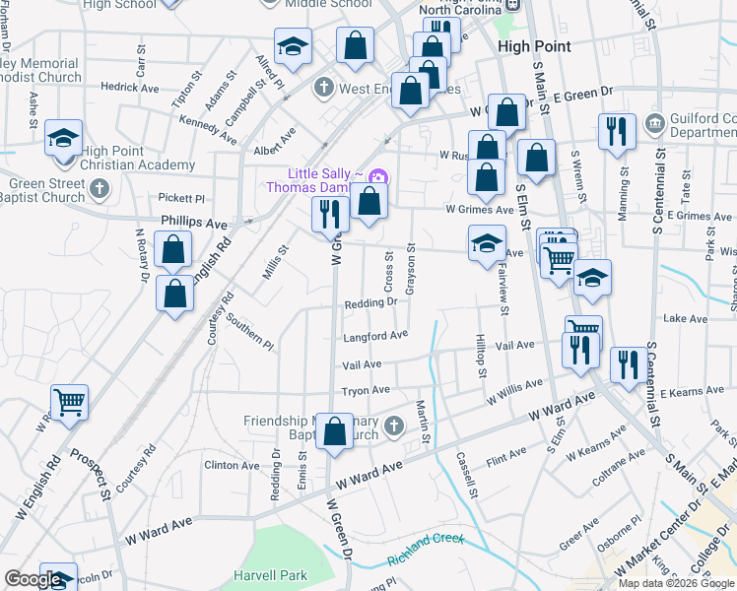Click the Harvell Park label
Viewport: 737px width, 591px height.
pyautogui.click(x=270, y=575)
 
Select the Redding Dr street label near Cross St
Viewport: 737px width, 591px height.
pyautogui.click(x=370, y=303)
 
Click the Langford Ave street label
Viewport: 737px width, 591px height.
pyautogui.click(x=375, y=336)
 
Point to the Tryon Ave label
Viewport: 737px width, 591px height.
pyautogui.click(x=367, y=391)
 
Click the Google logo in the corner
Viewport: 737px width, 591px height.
pyautogui.click(x=33, y=578)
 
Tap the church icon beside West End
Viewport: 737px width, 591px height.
pyautogui.click(x=321, y=89)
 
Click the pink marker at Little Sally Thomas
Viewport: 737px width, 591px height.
pyautogui.click(x=379, y=177)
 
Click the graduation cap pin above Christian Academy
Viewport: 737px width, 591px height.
pyautogui.click(x=64, y=140)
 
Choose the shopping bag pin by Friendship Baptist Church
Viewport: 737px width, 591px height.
pyautogui.click(x=334, y=431)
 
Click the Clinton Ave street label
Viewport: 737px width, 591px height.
pyautogui.click(x=231, y=465)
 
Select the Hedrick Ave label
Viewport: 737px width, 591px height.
pyautogui.click(x=129, y=87)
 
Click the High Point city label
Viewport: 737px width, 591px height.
pyautogui.click(x=528, y=45)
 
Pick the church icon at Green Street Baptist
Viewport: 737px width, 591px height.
pyautogui.click(x=101, y=190)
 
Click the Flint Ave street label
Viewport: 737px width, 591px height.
pyautogui.click(x=506, y=456)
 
